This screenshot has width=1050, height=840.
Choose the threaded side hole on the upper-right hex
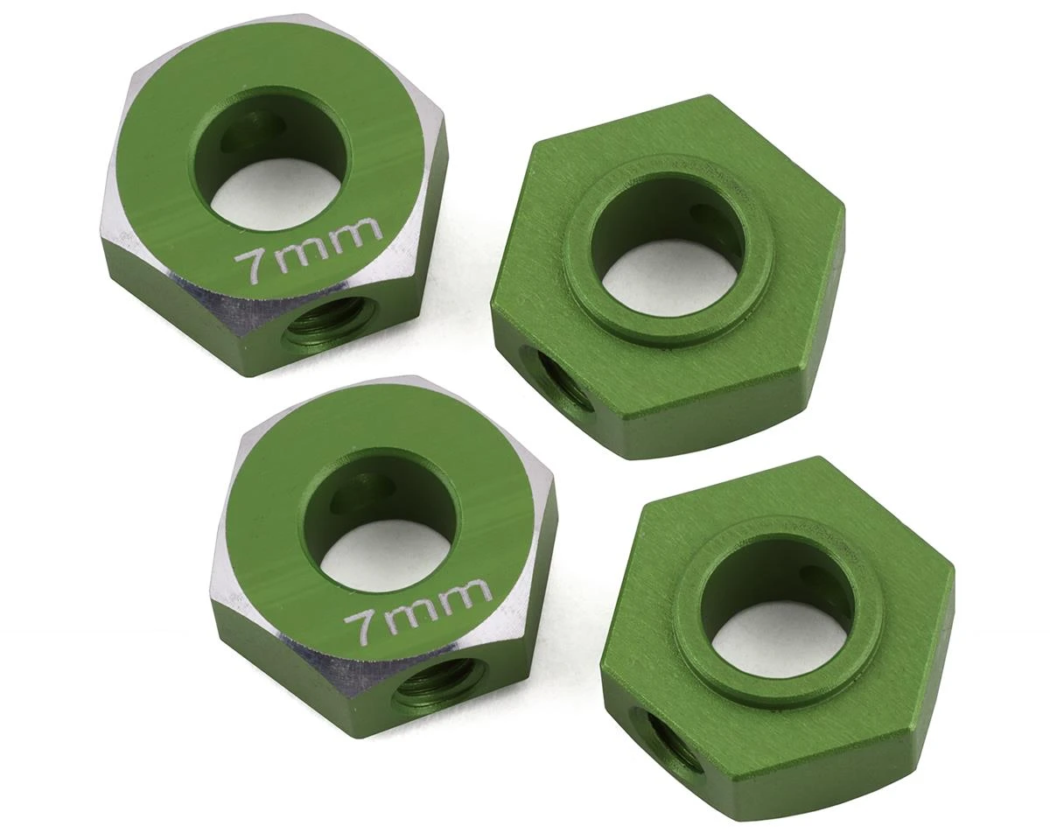click(560, 381)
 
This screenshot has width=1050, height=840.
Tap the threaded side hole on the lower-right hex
click(669, 743)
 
